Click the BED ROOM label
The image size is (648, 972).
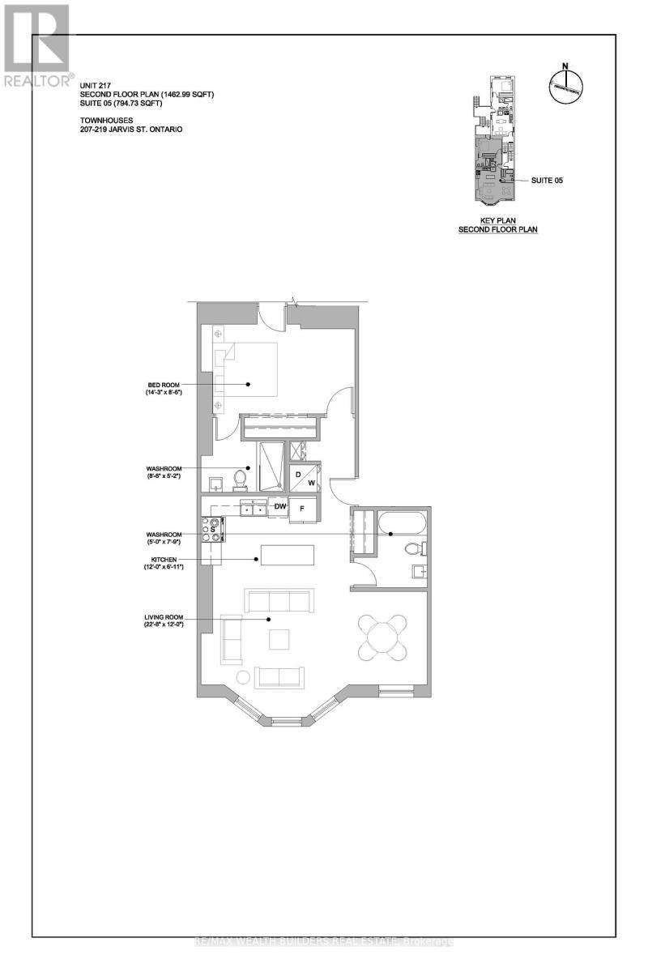point(158,385)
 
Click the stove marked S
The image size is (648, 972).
point(212,528)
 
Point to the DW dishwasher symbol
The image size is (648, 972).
point(280,507)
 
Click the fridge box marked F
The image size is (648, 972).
point(302,509)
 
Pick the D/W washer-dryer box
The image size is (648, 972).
point(305,478)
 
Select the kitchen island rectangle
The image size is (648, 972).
point(287,555)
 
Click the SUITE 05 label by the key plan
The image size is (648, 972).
point(547,181)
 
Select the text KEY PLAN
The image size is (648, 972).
point(499,220)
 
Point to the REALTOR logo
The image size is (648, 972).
point(36,45)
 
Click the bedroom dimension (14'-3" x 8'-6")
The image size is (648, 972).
point(159,393)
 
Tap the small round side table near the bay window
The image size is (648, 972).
point(242,677)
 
